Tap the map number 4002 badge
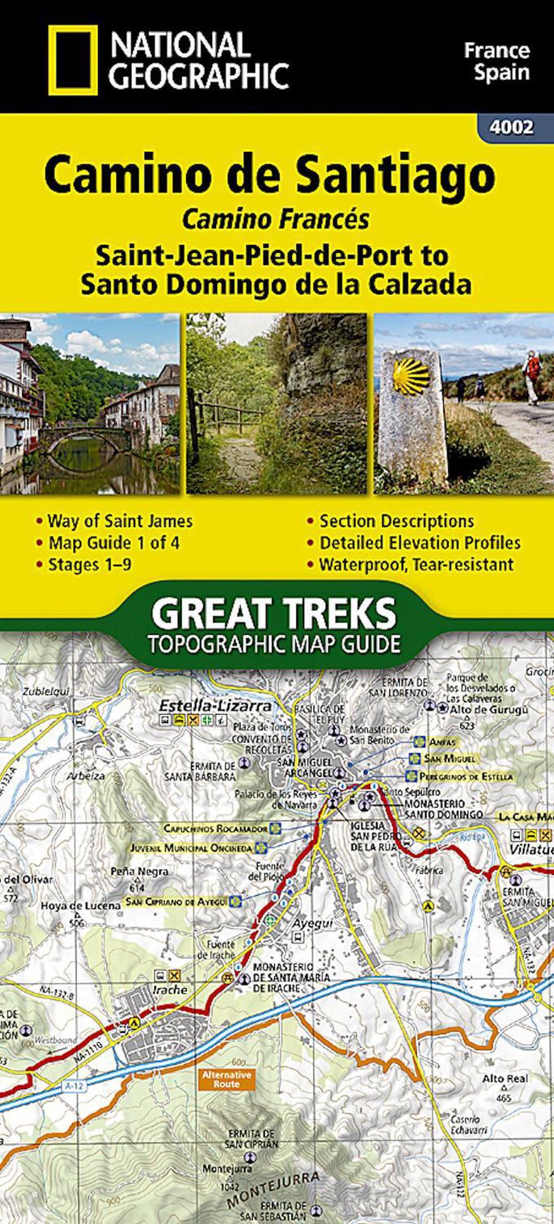click(511, 127)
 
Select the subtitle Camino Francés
click(275, 220)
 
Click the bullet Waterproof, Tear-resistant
click(416, 565)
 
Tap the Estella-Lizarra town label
click(216, 706)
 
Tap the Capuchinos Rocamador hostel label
click(216, 828)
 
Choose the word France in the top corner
click(496, 51)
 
